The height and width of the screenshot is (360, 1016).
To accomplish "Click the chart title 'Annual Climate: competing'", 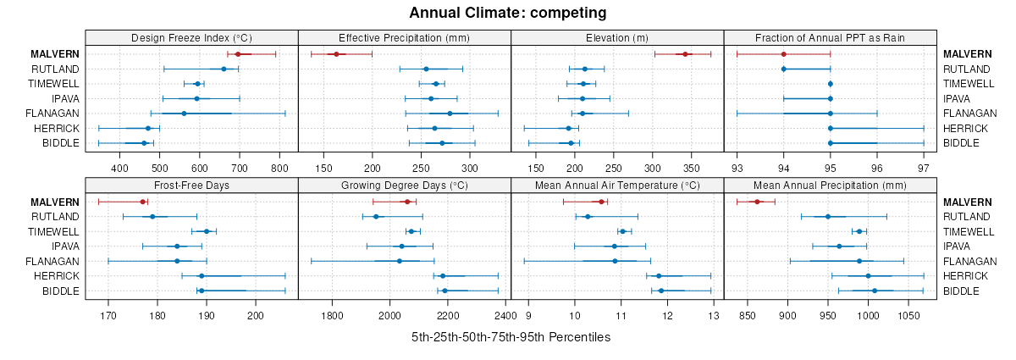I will click(507, 13).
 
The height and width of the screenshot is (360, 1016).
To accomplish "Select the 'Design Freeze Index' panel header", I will click(191, 37).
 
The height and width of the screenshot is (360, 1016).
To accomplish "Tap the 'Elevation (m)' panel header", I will click(617, 37).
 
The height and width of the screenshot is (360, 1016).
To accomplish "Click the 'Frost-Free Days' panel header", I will click(191, 186).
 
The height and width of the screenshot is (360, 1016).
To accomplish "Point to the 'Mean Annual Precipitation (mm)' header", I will click(830, 186).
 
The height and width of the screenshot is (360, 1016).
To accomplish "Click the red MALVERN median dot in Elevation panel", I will click(685, 54).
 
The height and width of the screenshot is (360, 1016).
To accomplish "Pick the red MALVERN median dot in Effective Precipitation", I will click(336, 54).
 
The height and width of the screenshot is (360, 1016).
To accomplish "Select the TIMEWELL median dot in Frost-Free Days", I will click(207, 231).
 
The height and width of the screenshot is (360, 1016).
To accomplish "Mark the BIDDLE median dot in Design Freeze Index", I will click(144, 143).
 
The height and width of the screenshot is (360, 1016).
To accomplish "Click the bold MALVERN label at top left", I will click(55, 54).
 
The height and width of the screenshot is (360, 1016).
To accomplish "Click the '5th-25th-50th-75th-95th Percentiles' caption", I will click(511, 337).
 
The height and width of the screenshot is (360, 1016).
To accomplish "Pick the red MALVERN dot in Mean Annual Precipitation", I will click(758, 202).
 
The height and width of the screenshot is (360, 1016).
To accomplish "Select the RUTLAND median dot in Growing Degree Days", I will click(376, 217).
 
